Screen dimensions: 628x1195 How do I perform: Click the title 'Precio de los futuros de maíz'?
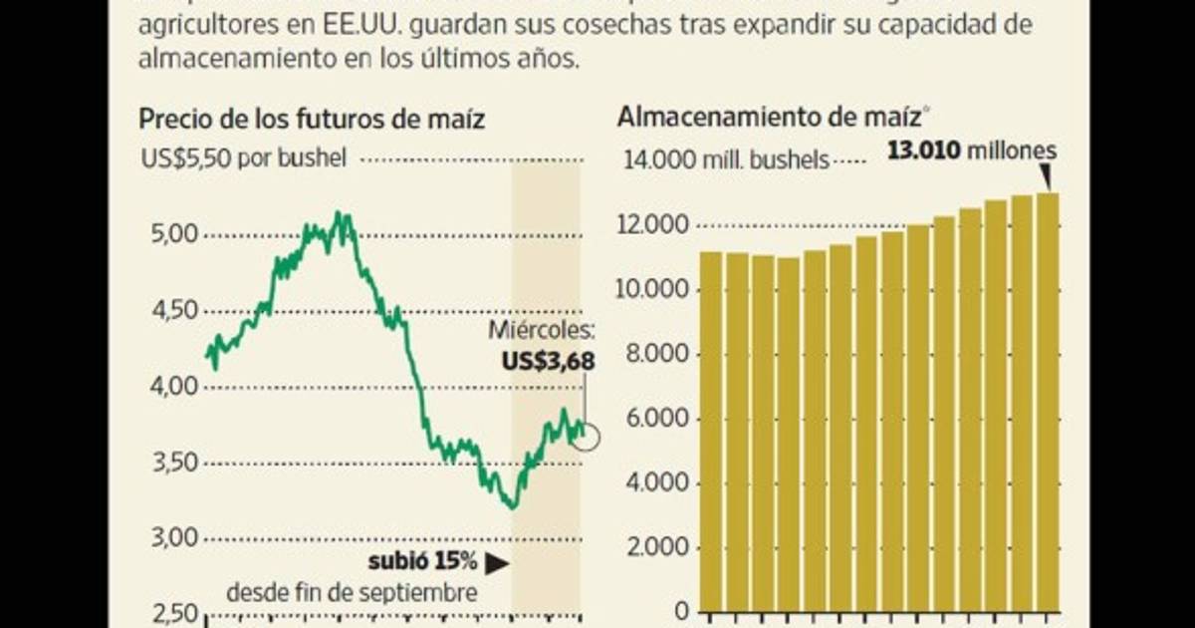click(312, 120)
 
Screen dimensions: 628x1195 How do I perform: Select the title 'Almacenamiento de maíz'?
click(768, 116)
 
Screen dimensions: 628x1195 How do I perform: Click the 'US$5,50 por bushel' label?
click(243, 157)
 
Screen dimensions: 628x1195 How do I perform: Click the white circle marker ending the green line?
click(588, 436)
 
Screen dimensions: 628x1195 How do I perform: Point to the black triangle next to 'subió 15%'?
click(497, 563)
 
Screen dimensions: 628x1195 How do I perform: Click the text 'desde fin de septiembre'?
click(352, 592)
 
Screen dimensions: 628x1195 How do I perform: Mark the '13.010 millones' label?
click(971, 151)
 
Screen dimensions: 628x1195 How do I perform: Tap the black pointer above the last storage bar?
click(1046, 177)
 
